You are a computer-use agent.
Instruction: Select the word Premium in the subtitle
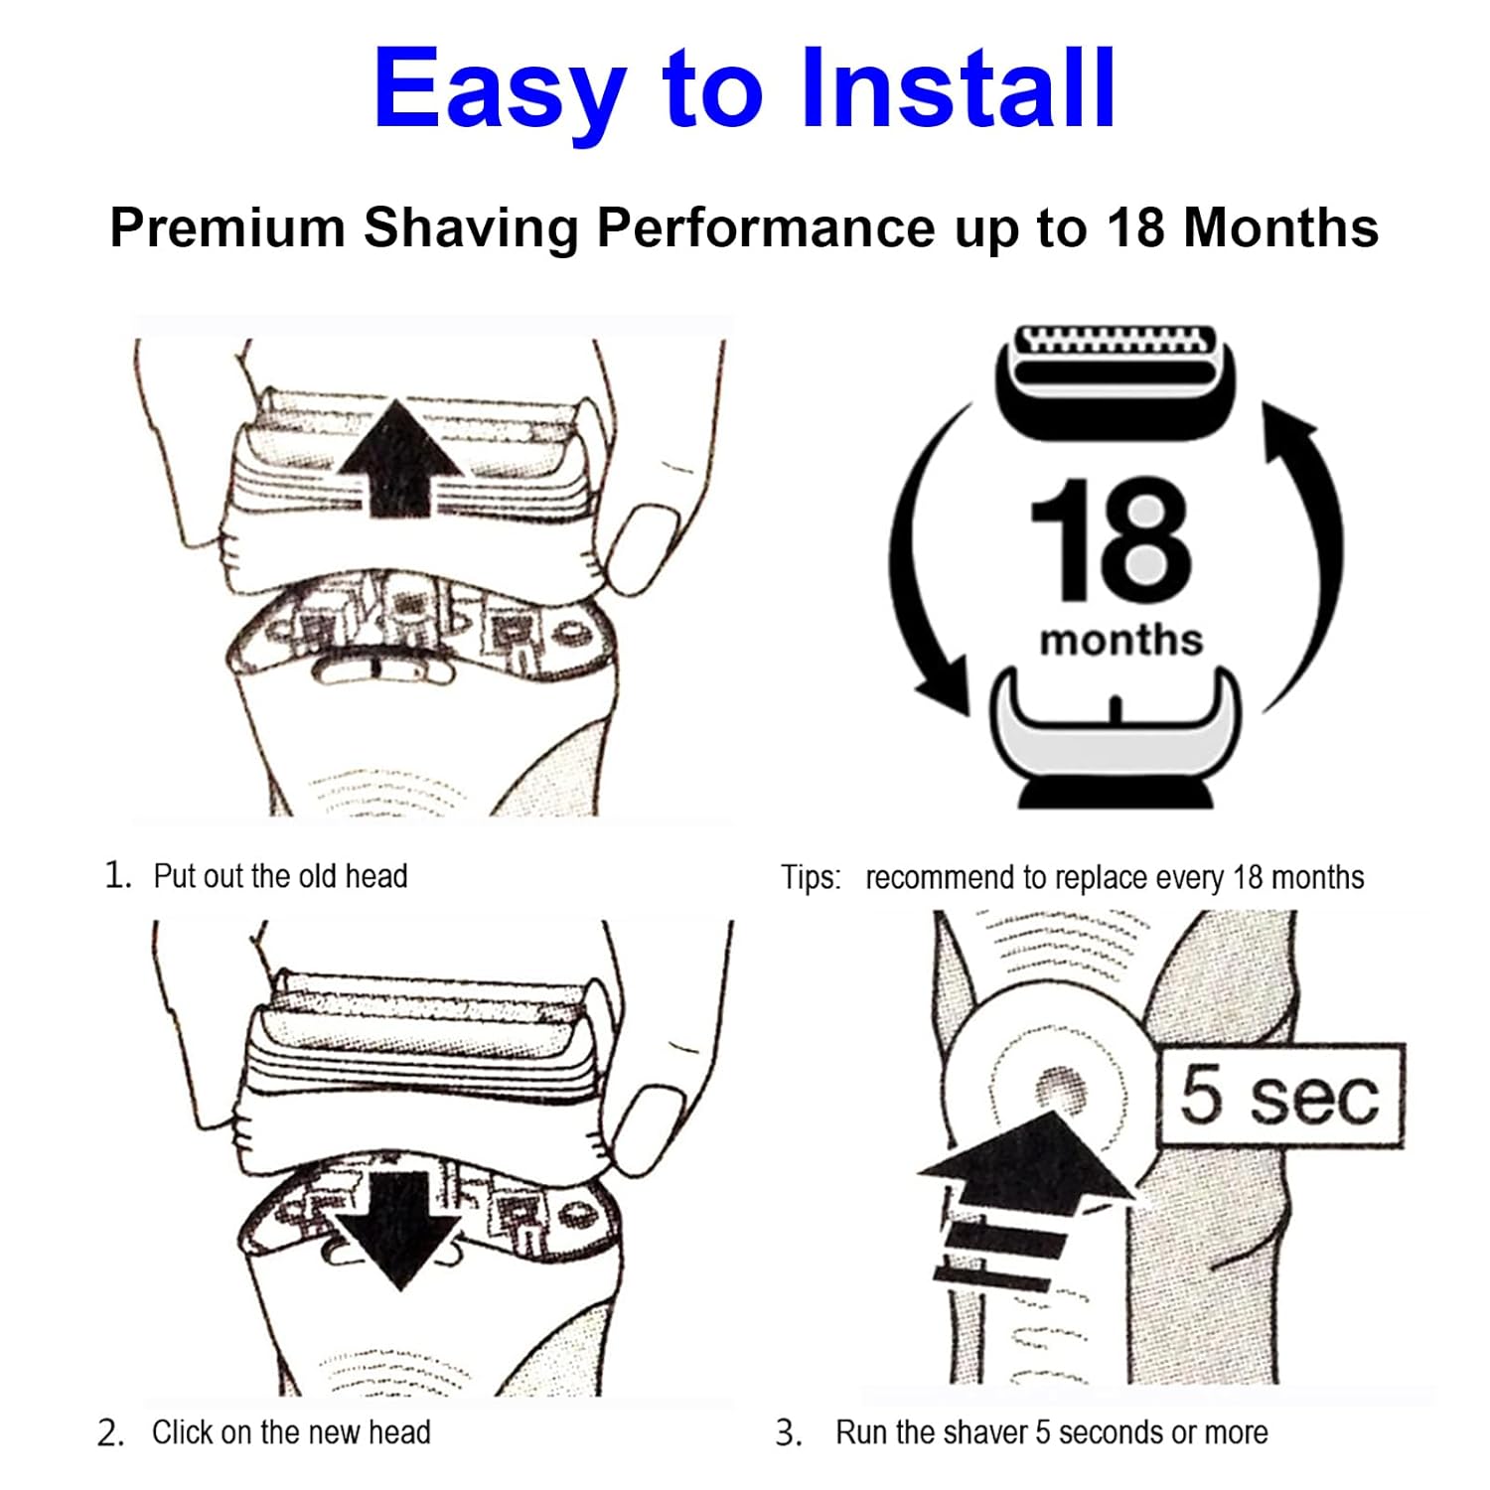click(226, 227)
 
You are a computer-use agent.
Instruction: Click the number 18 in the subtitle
click(1135, 227)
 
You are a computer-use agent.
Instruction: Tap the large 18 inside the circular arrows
click(1110, 541)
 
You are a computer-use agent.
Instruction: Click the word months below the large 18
click(1120, 641)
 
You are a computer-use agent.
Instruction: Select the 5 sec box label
click(1280, 1096)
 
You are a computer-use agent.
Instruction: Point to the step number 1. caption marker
click(118, 875)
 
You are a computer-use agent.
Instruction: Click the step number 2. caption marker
click(110, 1433)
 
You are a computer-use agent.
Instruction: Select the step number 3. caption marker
click(789, 1433)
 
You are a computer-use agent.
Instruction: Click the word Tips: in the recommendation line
click(810, 878)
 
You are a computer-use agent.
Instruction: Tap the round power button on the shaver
click(1061, 1090)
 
